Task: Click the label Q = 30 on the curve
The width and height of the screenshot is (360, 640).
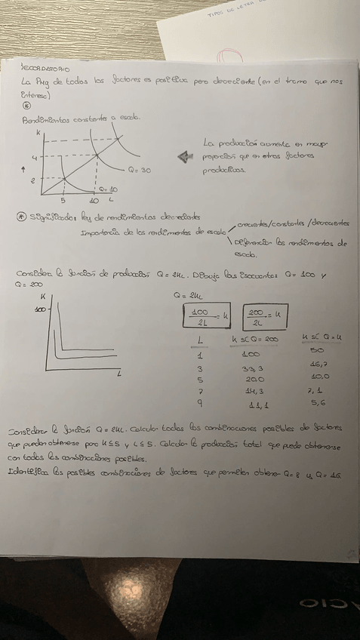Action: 139,171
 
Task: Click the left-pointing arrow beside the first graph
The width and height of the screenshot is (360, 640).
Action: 183,157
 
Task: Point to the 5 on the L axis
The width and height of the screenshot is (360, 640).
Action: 63,200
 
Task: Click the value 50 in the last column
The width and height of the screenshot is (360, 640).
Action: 318,351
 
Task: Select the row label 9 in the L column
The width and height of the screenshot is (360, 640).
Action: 198,405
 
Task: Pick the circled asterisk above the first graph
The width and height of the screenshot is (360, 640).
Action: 27,106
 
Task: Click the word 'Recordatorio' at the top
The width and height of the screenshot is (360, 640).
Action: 46,68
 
